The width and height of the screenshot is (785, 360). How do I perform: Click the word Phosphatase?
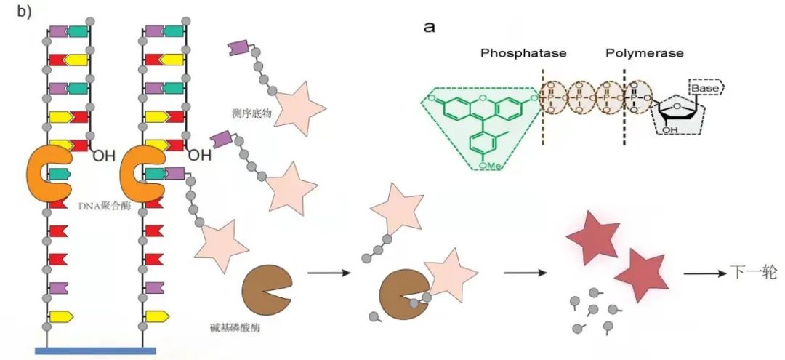click(x=523, y=53)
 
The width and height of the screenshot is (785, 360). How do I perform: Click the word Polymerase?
click(x=643, y=53)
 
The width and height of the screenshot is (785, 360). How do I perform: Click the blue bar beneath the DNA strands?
click(x=95, y=351)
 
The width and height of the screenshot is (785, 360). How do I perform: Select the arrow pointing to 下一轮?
click(x=702, y=275)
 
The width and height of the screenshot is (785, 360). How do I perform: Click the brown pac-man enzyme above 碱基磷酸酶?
click(x=266, y=288)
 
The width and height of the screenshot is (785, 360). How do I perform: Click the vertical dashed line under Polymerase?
click(x=624, y=109)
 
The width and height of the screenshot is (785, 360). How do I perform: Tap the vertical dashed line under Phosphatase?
click(x=542, y=109)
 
